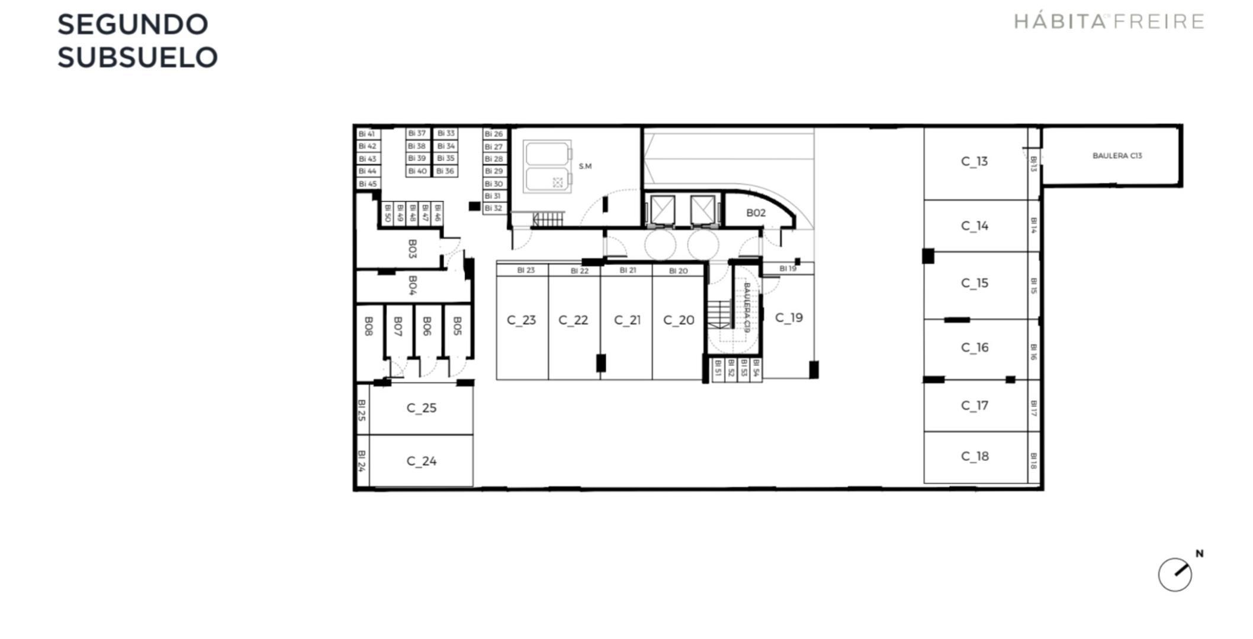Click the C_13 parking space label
[974, 162]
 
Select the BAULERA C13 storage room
[1117, 156]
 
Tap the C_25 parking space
[421, 408]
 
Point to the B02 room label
[756, 213]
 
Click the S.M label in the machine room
[585, 166]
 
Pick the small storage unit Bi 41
[367, 134]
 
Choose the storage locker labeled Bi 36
[445, 171]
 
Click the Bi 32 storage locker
[493, 208]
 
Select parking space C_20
[679, 320]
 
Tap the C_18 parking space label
[975, 456]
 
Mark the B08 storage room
[369, 327]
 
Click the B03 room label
[413, 248]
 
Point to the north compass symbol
[1175, 574]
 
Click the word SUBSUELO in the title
[137, 58]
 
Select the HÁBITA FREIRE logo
[1109, 22]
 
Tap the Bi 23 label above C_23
[526, 270]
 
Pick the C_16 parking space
[975, 347]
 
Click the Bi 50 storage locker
[387, 213]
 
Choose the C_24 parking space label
[421, 461]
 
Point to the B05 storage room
[457, 327]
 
